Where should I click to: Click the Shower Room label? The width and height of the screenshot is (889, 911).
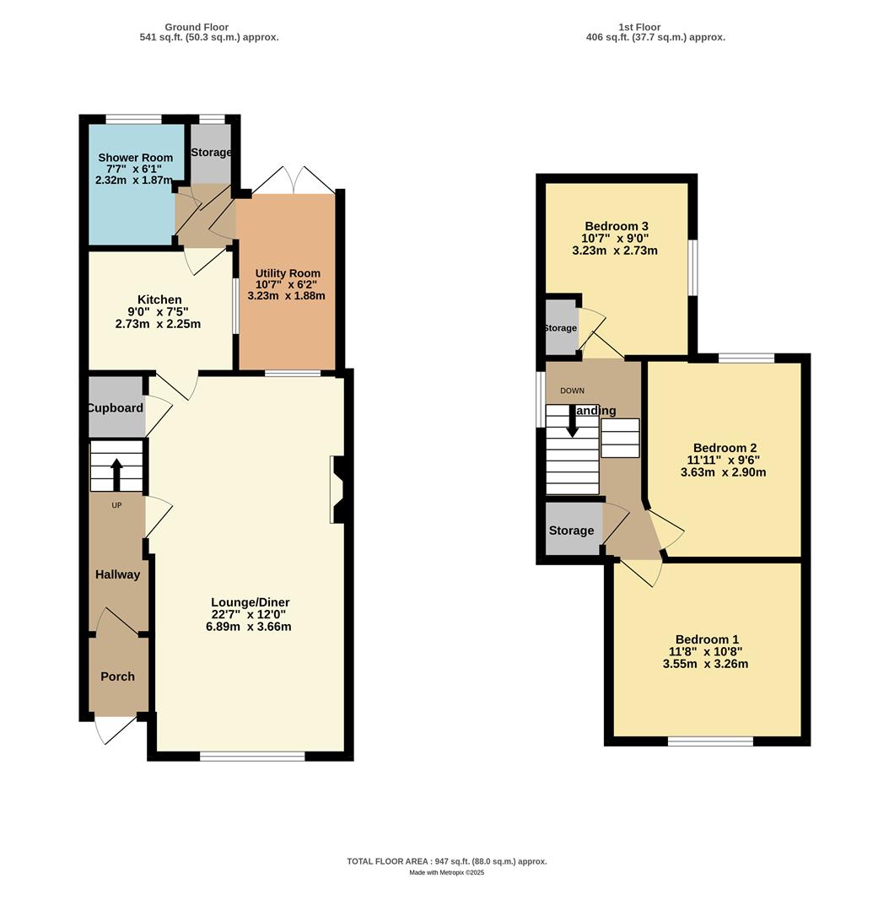[x=135, y=158]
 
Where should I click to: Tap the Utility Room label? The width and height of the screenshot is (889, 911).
[x=288, y=273]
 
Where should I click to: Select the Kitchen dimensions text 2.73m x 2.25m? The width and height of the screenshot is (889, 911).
[x=159, y=324]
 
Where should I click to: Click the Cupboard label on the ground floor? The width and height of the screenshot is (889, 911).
[x=116, y=408]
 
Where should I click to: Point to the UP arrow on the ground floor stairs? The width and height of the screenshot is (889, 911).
[x=116, y=473]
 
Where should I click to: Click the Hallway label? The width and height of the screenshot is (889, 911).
[x=117, y=574]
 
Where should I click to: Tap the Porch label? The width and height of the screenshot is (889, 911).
[x=117, y=677]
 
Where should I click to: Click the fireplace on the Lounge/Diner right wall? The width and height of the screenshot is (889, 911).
[x=337, y=490]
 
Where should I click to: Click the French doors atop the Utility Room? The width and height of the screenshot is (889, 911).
[x=292, y=181]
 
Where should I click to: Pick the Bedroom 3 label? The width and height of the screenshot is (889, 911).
[x=616, y=226]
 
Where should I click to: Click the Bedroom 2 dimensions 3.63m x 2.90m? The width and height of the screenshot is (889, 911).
[x=723, y=472]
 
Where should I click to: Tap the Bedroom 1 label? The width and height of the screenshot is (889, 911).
[x=707, y=639]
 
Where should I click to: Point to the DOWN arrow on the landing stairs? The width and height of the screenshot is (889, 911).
[x=572, y=422]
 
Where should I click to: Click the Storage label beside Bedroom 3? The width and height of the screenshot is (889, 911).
[x=560, y=328]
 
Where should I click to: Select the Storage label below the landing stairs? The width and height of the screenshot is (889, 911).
[x=571, y=531]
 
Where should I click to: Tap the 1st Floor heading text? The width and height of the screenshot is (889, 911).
[x=640, y=27]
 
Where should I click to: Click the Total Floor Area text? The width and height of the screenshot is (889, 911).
[x=446, y=861]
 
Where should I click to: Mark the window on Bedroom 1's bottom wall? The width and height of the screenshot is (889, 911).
[x=710, y=741]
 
